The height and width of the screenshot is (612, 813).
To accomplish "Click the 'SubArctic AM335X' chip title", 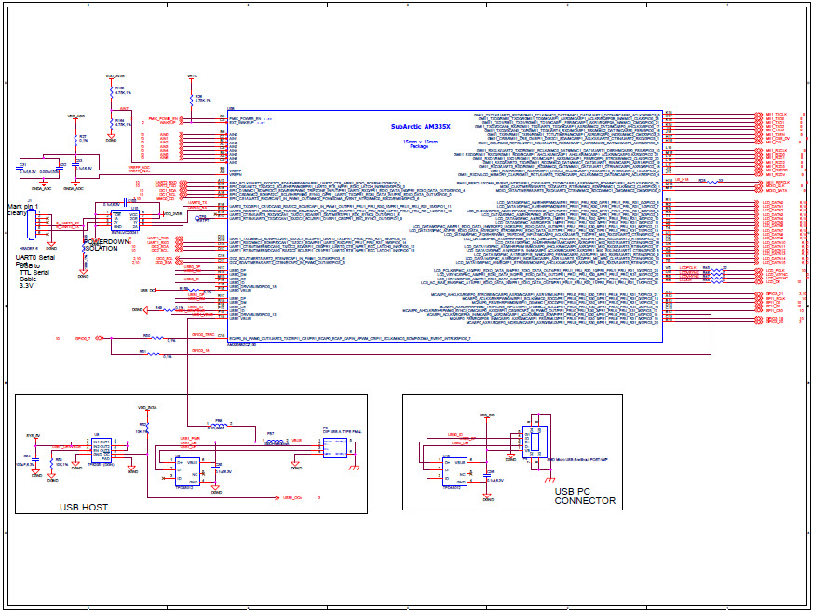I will click(x=420, y=126).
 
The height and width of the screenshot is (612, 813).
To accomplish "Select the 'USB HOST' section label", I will click(x=83, y=507).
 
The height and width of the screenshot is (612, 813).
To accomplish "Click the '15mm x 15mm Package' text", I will click(x=415, y=143).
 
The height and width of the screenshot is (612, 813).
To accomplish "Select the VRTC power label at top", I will click(x=192, y=75).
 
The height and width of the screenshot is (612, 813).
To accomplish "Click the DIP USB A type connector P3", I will click(x=335, y=448).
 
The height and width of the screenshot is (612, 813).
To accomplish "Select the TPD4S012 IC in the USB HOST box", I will click(x=169, y=469).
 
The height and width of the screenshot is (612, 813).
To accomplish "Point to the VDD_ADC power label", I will click(x=75, y=116).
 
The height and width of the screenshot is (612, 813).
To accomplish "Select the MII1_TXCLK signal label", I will click(x=777, y=114).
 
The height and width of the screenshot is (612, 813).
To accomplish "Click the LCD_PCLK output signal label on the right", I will click(x=773, y=270).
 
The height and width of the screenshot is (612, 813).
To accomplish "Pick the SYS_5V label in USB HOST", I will click(x=34, y=435).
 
